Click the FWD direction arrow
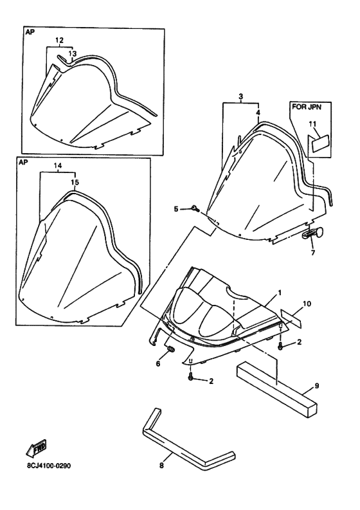coord(36,448)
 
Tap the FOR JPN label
coord(307,107)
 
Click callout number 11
coord(312,123)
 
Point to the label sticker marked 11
coord(320,143)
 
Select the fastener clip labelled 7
coord(313,233)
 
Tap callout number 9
coord(317,386)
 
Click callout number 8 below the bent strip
coord(161,466)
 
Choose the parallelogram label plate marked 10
coord(291,318)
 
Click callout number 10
coord(307,304)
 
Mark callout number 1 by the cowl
coord(280,293)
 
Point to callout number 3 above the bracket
coord(240,96)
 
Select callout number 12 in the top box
coord(59,41)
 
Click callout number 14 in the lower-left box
coord(58,165)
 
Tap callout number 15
coord(75,183)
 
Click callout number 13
coord(72,53)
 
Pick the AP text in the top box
coord(30,32)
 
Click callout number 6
coord(158,363)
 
